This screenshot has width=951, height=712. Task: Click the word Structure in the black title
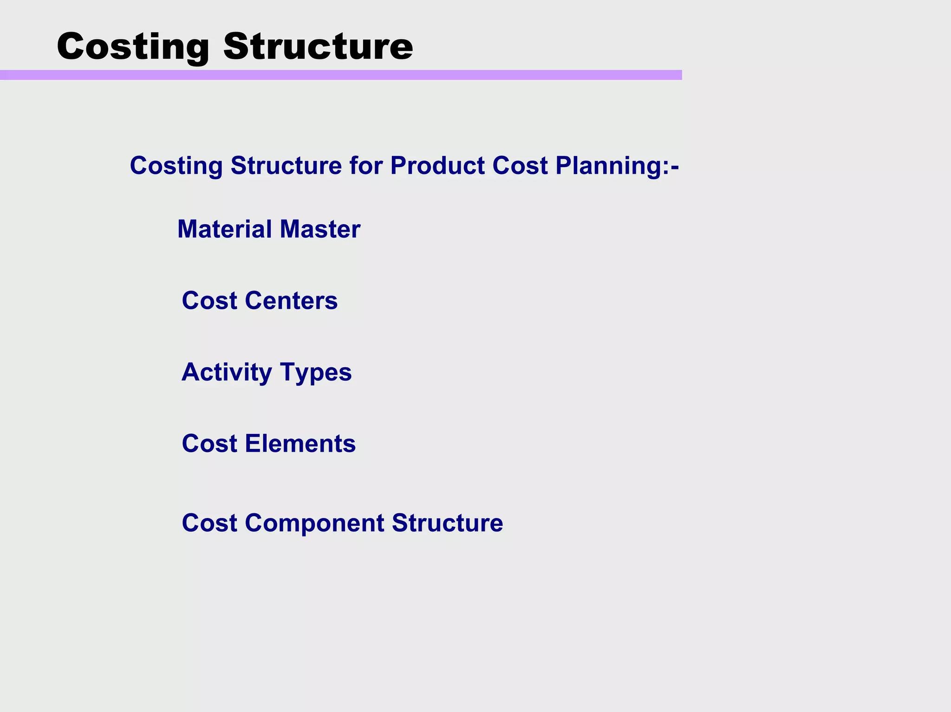(318, 46)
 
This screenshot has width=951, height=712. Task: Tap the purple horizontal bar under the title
(341, 75)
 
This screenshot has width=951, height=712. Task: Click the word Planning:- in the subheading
(617, 166)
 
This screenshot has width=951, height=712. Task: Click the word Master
(320, 229)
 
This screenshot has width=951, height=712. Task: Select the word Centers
(291, 301)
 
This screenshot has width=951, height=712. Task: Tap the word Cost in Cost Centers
(209, 301)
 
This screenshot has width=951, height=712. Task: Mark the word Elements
(300, 444)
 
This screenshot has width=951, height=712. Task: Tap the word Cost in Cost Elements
(209, 444)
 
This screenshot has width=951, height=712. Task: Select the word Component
(314, 524)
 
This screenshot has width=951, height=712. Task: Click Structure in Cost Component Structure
(447, 523)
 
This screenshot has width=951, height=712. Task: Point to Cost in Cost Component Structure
(209, 523)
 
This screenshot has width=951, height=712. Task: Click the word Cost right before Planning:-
(520, 166)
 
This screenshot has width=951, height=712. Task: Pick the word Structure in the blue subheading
(286, 166)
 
